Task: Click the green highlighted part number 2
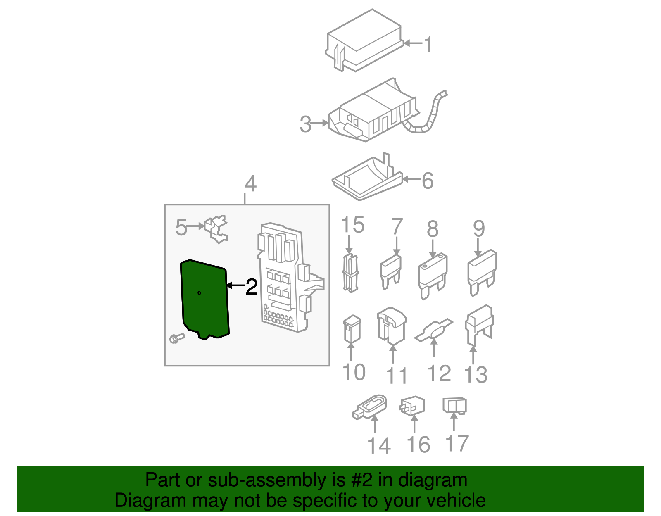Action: coord(204,300)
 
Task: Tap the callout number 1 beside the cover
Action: coord(428,45)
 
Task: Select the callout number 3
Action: coord(305,124)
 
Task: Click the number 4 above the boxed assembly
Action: coord(251,183)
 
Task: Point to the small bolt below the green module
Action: coord(177,338)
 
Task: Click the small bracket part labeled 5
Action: coord(216,228)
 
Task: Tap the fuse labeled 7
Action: coord(391,272)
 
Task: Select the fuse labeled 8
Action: coord(433,276)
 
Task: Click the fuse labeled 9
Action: coord(482,272)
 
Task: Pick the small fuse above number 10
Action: coord(352,329)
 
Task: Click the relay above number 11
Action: coord(392,326)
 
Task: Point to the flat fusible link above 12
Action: coord(434,331)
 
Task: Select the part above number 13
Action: coord(479,325)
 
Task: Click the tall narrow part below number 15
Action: coord(351,273)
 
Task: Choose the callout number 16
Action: coord(418,445)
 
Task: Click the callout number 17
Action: coord(457,443)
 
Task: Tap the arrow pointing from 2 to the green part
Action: coord(236,285)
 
